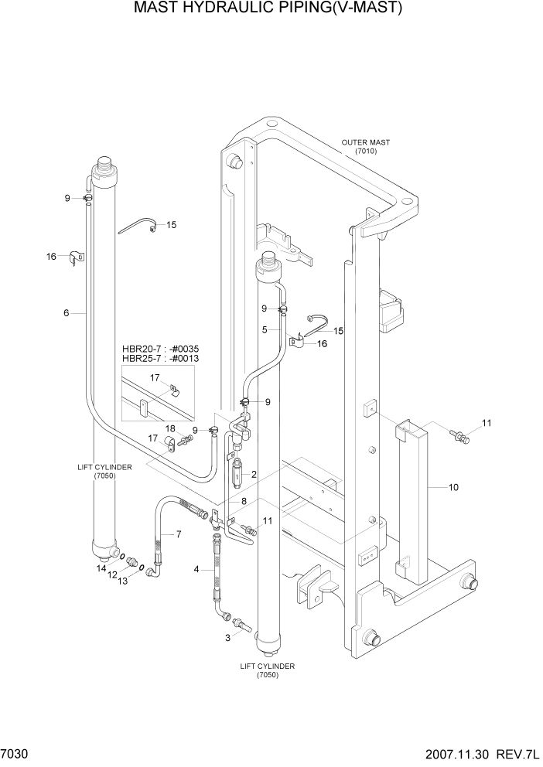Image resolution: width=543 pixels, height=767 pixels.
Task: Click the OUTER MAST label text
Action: coord(365,142)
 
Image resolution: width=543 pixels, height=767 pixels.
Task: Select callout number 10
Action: coord(453,487)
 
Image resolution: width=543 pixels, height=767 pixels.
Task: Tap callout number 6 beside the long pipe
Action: coord(67,312)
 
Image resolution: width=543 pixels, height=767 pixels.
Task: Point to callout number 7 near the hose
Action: coord(179,534)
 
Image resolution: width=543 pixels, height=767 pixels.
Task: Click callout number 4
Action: coord(196,570)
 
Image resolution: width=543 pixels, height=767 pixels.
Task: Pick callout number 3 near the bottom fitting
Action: coord(227,638)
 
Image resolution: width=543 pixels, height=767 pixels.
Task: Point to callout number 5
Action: coord(264,329)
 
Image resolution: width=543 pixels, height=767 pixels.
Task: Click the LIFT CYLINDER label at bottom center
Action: coord(267,666)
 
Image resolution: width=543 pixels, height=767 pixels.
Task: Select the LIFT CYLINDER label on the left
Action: coord(104,467)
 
